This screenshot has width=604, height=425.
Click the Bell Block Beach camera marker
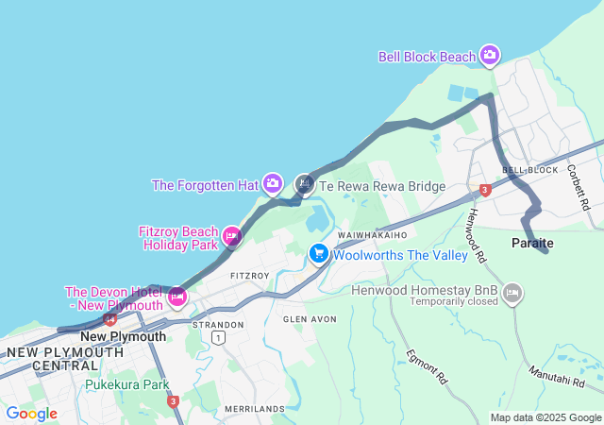pyautogui.click(x=490, y=56)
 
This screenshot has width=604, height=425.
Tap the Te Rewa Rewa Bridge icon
pyautogui.click(x=305, y=184)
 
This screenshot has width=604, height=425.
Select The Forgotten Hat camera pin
pyautogui.click(x=273, y=183)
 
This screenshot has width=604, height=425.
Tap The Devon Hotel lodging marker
pyautogui.click(x=176, y=298)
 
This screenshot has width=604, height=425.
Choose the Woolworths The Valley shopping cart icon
pyautogui.click(x=319, y=254)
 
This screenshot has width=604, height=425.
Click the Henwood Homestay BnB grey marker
pyautogui.click(x=512, y=294)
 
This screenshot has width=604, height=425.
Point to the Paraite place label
pyautogui.click(x=532, y=244)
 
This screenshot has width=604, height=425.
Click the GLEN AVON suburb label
pyautogui.click(x=310, y=319)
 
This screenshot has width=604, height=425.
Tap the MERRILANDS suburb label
pyautogui.click(x=255, y=408)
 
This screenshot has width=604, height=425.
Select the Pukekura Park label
pyautogui.click(x=126, y=384)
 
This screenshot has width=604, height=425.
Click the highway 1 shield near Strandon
pyautogui.click(x=219, y=337)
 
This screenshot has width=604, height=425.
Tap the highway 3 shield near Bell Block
pyautogui.click(x=485, y=190)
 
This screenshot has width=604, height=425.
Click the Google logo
pyautogui.click(x=31, y=414)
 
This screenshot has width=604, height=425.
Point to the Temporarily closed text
pyautogui.click(x=453, y=302)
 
